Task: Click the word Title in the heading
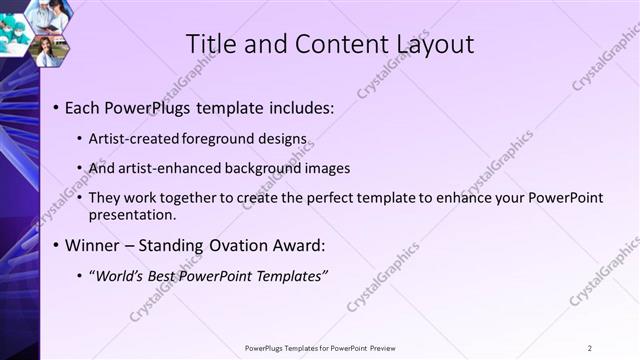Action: (x=211, y=44)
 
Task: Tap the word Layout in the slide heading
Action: (x=428, y=44)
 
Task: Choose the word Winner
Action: (x=95, y=245)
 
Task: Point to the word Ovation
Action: (x=256, y=245)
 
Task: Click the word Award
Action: (x=318, y=245)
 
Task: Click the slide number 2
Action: (x=590, y=348)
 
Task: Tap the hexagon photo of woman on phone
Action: (x=48, y=49)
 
